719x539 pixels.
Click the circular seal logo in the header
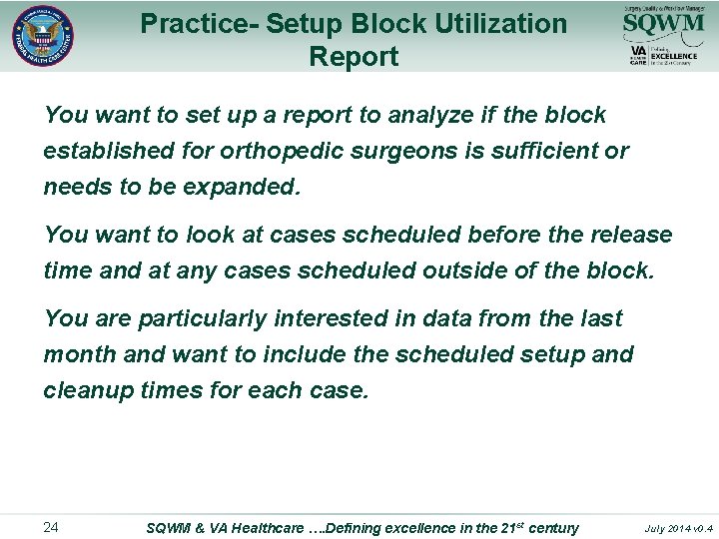(x=43, y=37)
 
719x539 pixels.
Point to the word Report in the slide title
(x=354, y=56)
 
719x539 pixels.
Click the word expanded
(x=240, y=187)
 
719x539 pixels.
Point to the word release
(x=630, y=235)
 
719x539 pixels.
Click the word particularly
(x=202, y=318)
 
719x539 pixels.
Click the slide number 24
(x=52, y=527)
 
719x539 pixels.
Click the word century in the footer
(x=553, y=527)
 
